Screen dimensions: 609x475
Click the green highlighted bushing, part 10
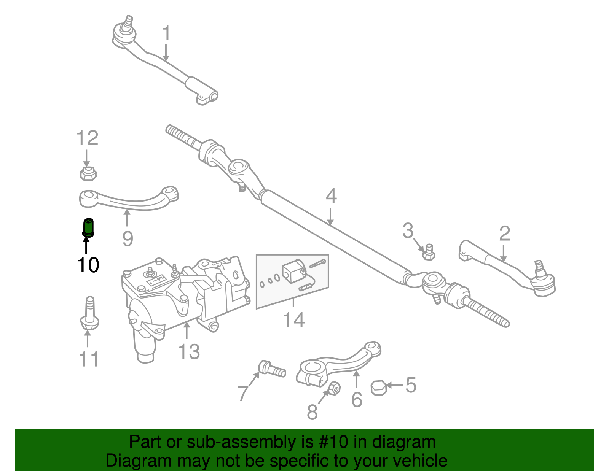[x=88, y=227]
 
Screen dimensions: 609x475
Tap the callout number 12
[x=88, y=138]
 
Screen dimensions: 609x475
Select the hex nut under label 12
[x=88, y=173]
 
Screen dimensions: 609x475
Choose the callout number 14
[x=294, y=320]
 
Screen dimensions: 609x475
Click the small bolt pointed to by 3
[x=429, y=252]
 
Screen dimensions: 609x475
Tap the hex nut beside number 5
[x=379, y=388]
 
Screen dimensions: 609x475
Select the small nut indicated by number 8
[x=333, y=388]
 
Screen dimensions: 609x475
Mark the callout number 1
[x=166, y=33]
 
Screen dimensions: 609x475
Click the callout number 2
[x=504, y=234]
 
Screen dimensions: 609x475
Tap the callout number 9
[x=128, y=239]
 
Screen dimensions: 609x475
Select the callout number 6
[x=357, y=400]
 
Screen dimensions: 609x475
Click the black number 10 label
[x=88, y=265]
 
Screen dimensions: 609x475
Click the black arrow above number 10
[x=86, y=245]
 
